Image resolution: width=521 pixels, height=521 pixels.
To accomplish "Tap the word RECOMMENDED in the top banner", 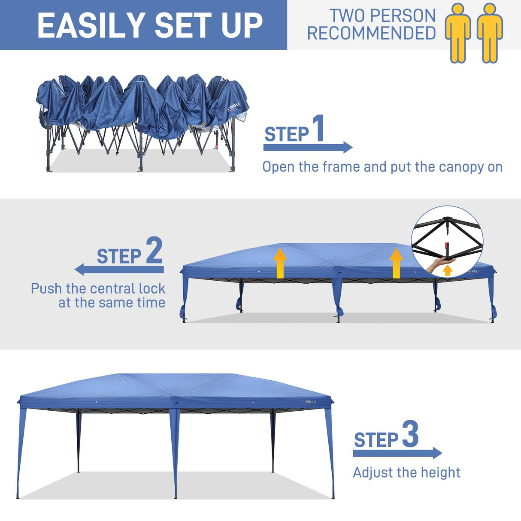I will (x=371, y=33).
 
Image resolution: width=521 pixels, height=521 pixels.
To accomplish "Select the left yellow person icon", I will (x=458, y=33).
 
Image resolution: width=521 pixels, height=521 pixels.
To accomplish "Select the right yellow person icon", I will (x=490, y=33).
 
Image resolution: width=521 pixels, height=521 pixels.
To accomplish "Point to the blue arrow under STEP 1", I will (x=308, y=148).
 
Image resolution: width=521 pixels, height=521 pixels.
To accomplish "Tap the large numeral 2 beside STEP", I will (x=154, y=251).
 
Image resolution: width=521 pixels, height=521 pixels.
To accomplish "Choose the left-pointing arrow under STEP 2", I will (x=119, y=270).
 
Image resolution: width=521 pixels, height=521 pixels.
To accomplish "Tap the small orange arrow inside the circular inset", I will (x=448, y=270).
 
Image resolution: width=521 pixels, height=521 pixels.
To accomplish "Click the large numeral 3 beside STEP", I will (x=410, y=434).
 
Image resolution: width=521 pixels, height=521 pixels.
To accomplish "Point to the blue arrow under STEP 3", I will (x=397, y=453).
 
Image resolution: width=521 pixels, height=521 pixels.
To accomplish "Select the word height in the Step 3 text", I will (x=440, y=473).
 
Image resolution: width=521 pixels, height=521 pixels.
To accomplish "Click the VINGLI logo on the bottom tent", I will (x=311, y=402).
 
